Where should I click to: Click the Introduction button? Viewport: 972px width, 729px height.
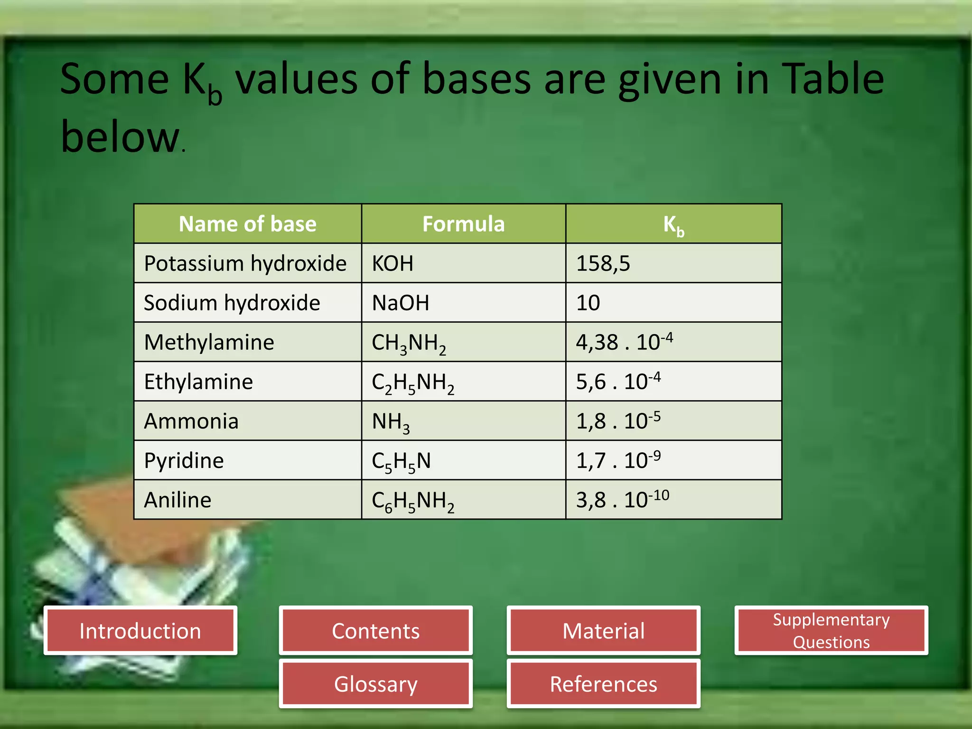(140, 631)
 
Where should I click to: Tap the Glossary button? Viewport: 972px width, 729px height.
(375, 684)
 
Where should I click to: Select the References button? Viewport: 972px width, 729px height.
(603, 684)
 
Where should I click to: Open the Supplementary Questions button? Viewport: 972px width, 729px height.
(831, 631)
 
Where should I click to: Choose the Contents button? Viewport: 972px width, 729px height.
(375, 631)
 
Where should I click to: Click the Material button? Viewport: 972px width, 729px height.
(603, 631)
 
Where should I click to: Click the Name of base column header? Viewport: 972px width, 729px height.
(247, 224)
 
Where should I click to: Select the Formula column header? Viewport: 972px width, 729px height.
(463, 224)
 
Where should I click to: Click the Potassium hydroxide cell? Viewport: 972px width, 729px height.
(245, 263)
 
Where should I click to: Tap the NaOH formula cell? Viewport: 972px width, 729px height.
(401, 303)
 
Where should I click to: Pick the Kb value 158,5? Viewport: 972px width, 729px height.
(603, 263)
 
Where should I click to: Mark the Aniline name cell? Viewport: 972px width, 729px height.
(178, 500)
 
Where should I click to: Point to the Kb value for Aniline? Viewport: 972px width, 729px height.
(622, 500)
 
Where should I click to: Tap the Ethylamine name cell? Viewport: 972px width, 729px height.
(198, 382)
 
